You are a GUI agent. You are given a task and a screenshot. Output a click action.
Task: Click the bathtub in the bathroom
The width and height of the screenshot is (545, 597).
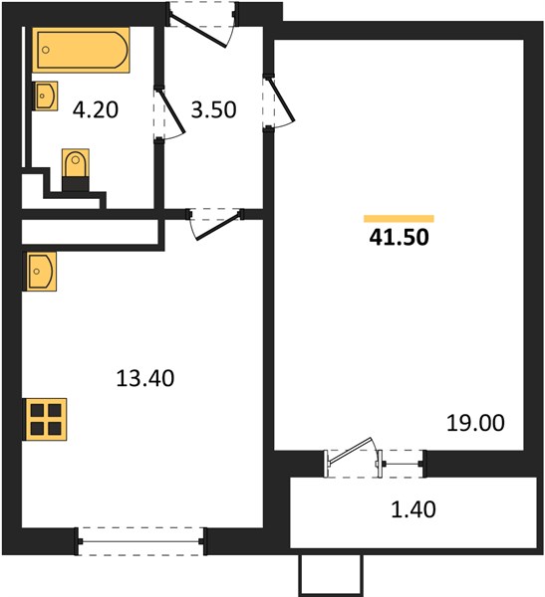(x=81, y=50)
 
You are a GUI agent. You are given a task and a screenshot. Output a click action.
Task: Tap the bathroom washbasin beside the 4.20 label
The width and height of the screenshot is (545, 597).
(x=45, y=96)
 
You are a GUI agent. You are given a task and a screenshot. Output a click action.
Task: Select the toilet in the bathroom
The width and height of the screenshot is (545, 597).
(x=76, y=169)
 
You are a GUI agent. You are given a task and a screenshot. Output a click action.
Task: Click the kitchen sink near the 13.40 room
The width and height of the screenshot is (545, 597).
(x=40, y=271)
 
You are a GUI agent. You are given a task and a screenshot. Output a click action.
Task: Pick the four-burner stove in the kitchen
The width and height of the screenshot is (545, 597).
(x=45, y=419)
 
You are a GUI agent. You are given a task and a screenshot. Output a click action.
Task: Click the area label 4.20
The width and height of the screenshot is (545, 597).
(x=96, y=110)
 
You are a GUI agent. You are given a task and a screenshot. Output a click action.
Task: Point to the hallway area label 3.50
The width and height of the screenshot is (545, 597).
(x=213, y=110)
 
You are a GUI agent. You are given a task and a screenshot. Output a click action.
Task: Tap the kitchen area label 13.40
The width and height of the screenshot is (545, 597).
(x=145, y=378)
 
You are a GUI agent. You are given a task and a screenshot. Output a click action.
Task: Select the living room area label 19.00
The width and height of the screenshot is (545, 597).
(x=475, y=423)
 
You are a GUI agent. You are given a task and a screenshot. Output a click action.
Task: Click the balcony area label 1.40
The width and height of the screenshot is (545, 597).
(x=413, y=509)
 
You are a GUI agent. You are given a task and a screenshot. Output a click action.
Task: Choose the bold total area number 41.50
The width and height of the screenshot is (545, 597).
(x=399, y=237)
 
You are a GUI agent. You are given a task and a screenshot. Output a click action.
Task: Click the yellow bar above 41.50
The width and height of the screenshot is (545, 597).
(x=399, y=219)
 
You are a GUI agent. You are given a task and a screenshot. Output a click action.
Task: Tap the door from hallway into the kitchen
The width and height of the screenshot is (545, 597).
(x=216, y=225)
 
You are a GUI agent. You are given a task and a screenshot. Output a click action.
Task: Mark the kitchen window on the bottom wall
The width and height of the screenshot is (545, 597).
(x=140, y=541)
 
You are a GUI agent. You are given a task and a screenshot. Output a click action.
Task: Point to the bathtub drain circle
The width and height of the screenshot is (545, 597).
(x=46, y=50)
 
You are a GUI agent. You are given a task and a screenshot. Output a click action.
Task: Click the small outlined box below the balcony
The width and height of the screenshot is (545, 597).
(x=331, y=573)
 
